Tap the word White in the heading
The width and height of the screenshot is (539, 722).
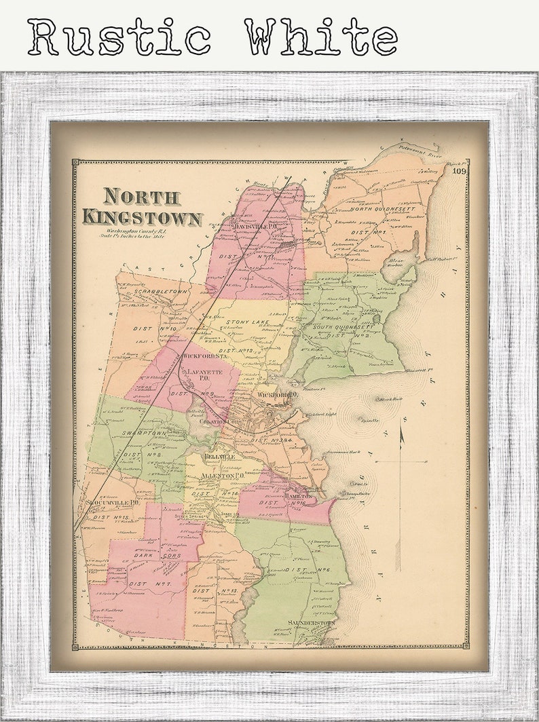point(320,37)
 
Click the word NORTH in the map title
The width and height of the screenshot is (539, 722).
point(142,197)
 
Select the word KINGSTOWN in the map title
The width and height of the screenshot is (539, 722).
point(143,218)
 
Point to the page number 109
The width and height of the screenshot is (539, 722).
point(460,171)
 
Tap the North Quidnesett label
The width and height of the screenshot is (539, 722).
point(382,210)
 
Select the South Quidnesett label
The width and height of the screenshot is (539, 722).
point(345,327)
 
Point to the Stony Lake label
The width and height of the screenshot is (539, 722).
point(247,322)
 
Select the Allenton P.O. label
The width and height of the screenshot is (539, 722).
point(221,477)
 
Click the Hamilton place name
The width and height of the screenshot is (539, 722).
point(299,496)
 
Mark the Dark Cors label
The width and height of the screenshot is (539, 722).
point(157,554)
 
